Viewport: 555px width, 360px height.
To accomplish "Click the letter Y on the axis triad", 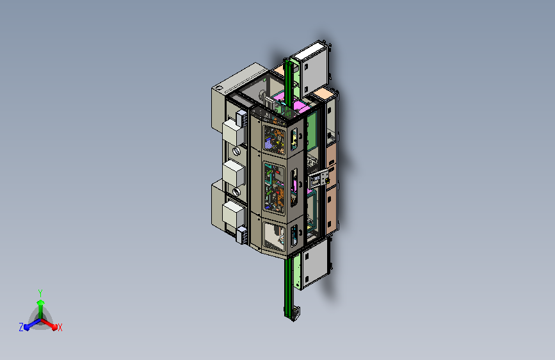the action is (x=40, y=293).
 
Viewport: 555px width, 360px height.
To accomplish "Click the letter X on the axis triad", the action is (x=60, y=327).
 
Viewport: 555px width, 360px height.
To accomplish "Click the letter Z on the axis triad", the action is (x=21, y=327).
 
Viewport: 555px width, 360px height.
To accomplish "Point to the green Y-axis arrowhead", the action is (x=41, y=303).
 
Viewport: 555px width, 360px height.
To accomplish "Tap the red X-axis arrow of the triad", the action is (x=49, y=323).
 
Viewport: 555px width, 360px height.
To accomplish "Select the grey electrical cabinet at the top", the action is (x=310, y=67).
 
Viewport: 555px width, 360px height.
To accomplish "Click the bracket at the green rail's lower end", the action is (x=295, y=314).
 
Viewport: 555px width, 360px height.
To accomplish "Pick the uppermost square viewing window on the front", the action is (x=274, y=140).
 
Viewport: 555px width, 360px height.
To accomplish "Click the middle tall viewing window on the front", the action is (x=274, y=188).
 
